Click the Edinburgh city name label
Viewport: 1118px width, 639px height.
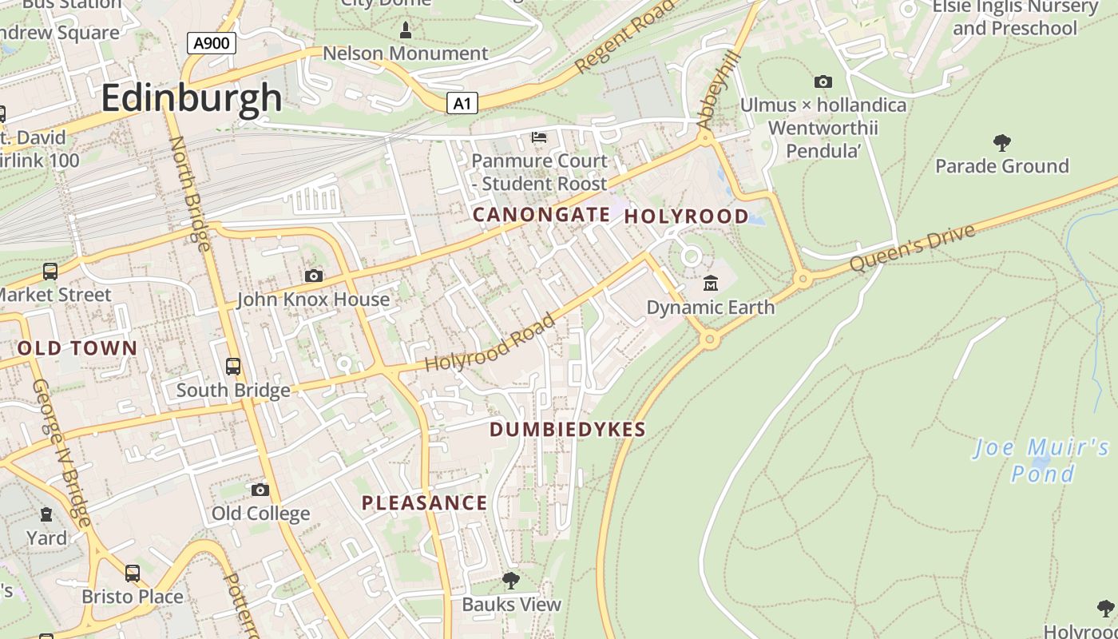point(192,98)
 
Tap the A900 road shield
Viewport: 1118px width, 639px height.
point(212,42)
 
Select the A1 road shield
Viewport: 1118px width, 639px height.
point(462,102)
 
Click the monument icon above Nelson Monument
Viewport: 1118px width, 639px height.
point(405,31)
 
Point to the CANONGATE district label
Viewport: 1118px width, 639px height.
point(541,215)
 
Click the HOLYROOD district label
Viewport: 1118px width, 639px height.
point(686,216)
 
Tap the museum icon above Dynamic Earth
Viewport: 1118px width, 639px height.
point(710,283)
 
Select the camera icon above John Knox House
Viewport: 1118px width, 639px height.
point(314,276)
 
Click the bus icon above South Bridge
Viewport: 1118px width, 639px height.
point(233,367)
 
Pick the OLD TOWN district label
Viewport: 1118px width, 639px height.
point(77,348)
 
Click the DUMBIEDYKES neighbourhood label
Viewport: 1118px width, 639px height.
point(567,430)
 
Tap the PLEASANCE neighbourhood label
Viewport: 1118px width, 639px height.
point(424,503)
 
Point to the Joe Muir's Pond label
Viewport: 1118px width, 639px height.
point(1042,460)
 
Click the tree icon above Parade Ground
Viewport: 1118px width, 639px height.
point(1001,143)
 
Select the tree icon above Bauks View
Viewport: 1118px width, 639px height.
point(511,581)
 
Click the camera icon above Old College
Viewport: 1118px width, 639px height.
point(260,490)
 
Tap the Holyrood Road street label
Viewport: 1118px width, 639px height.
point(489,343)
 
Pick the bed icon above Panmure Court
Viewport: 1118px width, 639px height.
point(539,137)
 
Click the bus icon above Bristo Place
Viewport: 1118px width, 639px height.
point(133,573)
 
